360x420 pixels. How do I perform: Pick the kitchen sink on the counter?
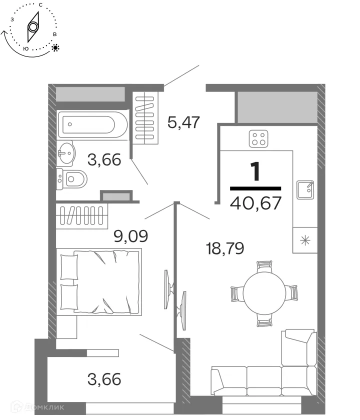tap(305, 189)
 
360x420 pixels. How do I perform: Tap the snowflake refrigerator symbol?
tap(304, 240)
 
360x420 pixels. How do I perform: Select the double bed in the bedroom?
tap(100, 281)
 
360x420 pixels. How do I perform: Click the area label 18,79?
tap(224, 247)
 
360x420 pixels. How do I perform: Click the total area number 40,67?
tap(255, 202)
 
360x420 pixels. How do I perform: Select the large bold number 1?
tap(255, 171)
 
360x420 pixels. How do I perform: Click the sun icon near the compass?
tap(55, 48)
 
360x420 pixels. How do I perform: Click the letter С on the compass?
tap(39, 4)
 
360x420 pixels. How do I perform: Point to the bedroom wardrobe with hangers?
tap(81, 216)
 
